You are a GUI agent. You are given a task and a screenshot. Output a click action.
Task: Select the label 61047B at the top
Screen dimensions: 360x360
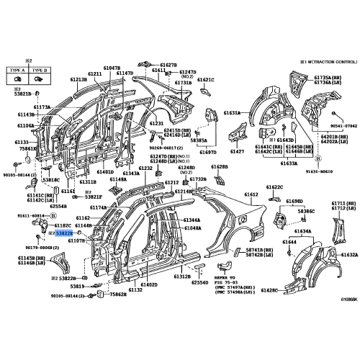(111, 67)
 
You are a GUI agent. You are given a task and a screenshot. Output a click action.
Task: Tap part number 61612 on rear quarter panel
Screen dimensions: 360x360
(251, 195)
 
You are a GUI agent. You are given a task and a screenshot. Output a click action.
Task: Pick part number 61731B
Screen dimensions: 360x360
(183, 83)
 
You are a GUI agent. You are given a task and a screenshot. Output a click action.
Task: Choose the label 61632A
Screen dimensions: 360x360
(349, 255)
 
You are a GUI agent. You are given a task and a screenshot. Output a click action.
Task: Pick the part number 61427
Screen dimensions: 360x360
(238, 153)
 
